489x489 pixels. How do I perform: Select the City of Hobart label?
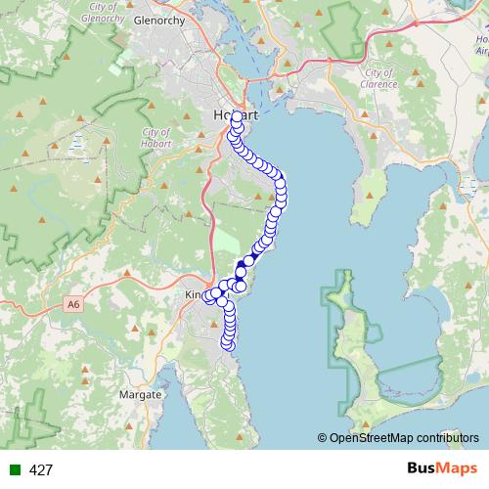[x=156, y=138]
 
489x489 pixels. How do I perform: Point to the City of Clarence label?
[x=380, y=78]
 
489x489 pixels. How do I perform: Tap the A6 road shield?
[x=74, y=305]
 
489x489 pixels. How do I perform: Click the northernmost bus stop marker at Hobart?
[x=238, y=117]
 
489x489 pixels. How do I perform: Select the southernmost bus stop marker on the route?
[x=230, y=343]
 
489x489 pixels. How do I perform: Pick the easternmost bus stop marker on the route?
[x=283, y=186]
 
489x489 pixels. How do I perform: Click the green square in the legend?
[x=14, y=470]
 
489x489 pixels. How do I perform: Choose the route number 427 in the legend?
[x=41, y=470]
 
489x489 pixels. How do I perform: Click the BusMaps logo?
[x=437, y=469]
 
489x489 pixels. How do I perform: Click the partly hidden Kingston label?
[x=193, y=294]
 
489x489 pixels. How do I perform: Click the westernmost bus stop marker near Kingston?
[x=208, y=298]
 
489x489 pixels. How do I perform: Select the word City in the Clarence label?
[x=372, y=72]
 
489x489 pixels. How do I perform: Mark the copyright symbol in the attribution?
[x=323, y=438]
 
